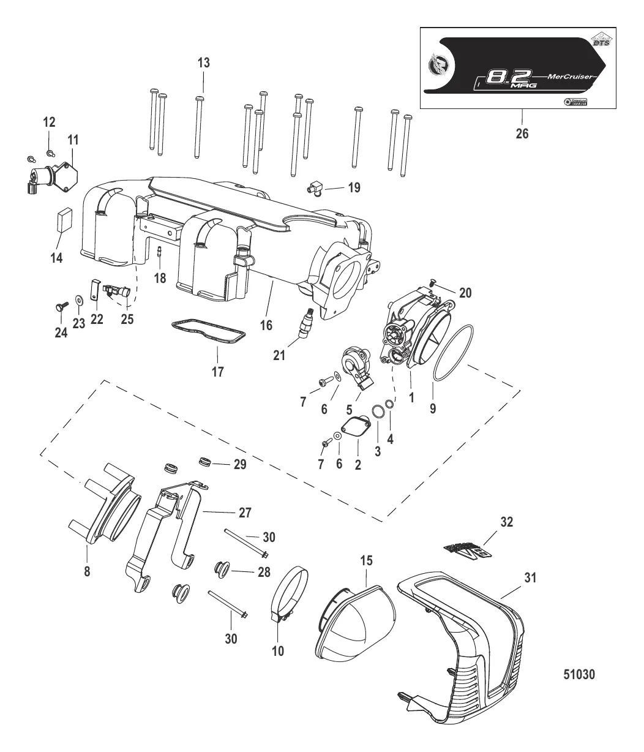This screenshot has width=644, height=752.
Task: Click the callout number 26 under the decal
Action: pos(522,133)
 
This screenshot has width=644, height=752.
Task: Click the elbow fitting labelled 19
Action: pos(315,187)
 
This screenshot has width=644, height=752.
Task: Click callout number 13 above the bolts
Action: pos(203,62)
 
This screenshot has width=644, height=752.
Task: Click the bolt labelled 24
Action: pos(61,304)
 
